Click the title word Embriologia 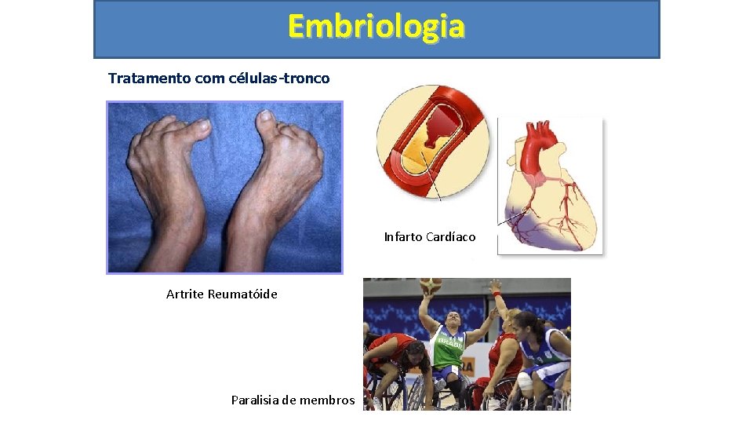[x=376, y=27]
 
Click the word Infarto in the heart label [x=403, y=237]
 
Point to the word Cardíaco [x=451, y=237]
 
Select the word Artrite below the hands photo [x=185, y=294]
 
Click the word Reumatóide [x=242, y=294]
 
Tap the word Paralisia [x=257, y=400]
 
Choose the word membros [x=325, y=400]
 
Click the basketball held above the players [x=430, y=286]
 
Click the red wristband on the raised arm [x=496, y=294]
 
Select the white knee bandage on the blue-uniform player [x=525, y=382]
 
